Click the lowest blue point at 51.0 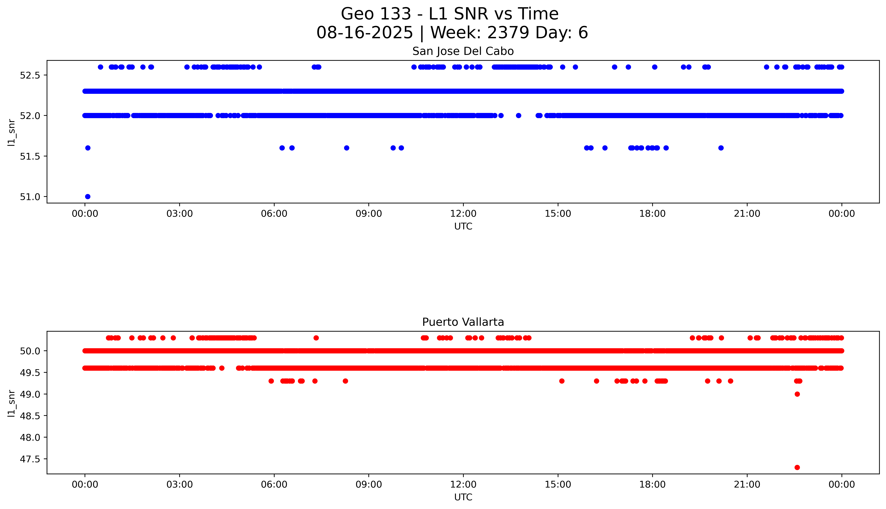88,197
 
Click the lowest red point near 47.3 797,467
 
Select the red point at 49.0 797,394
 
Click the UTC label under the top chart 463,227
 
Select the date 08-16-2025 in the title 365,33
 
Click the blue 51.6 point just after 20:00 721,148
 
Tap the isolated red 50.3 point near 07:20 316,338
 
